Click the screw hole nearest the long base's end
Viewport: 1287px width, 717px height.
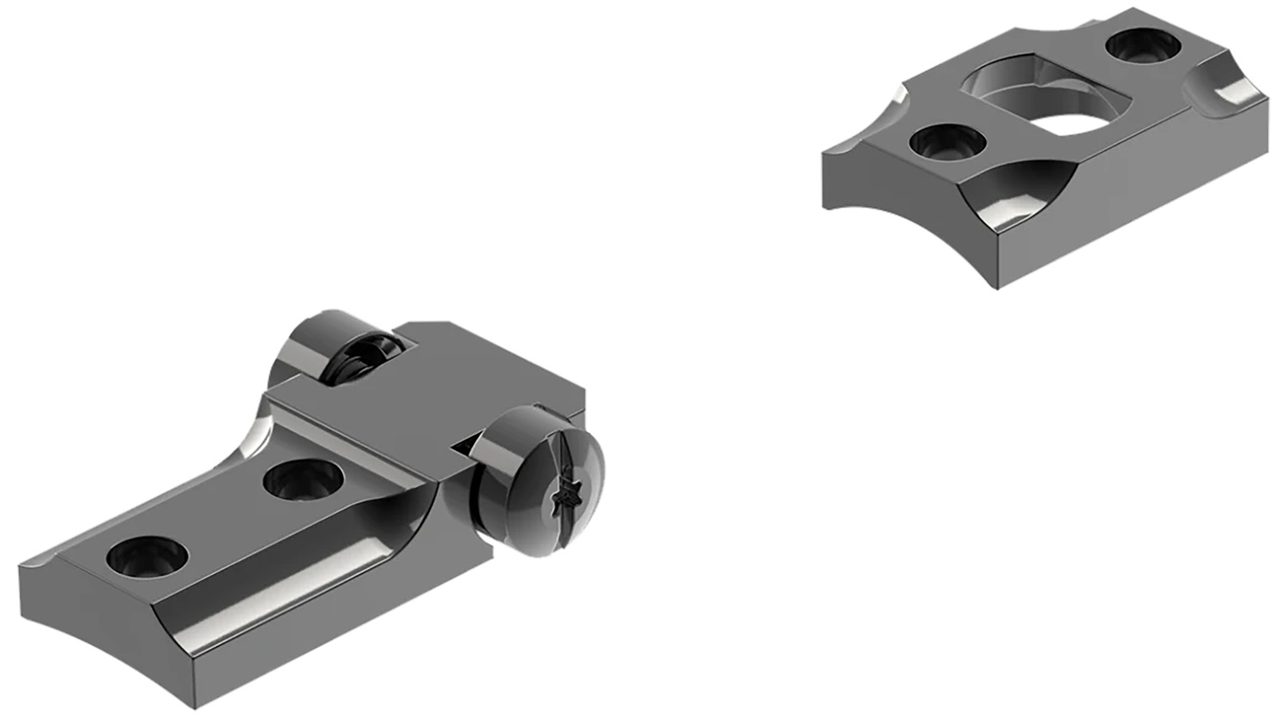[x=140, y=555]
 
